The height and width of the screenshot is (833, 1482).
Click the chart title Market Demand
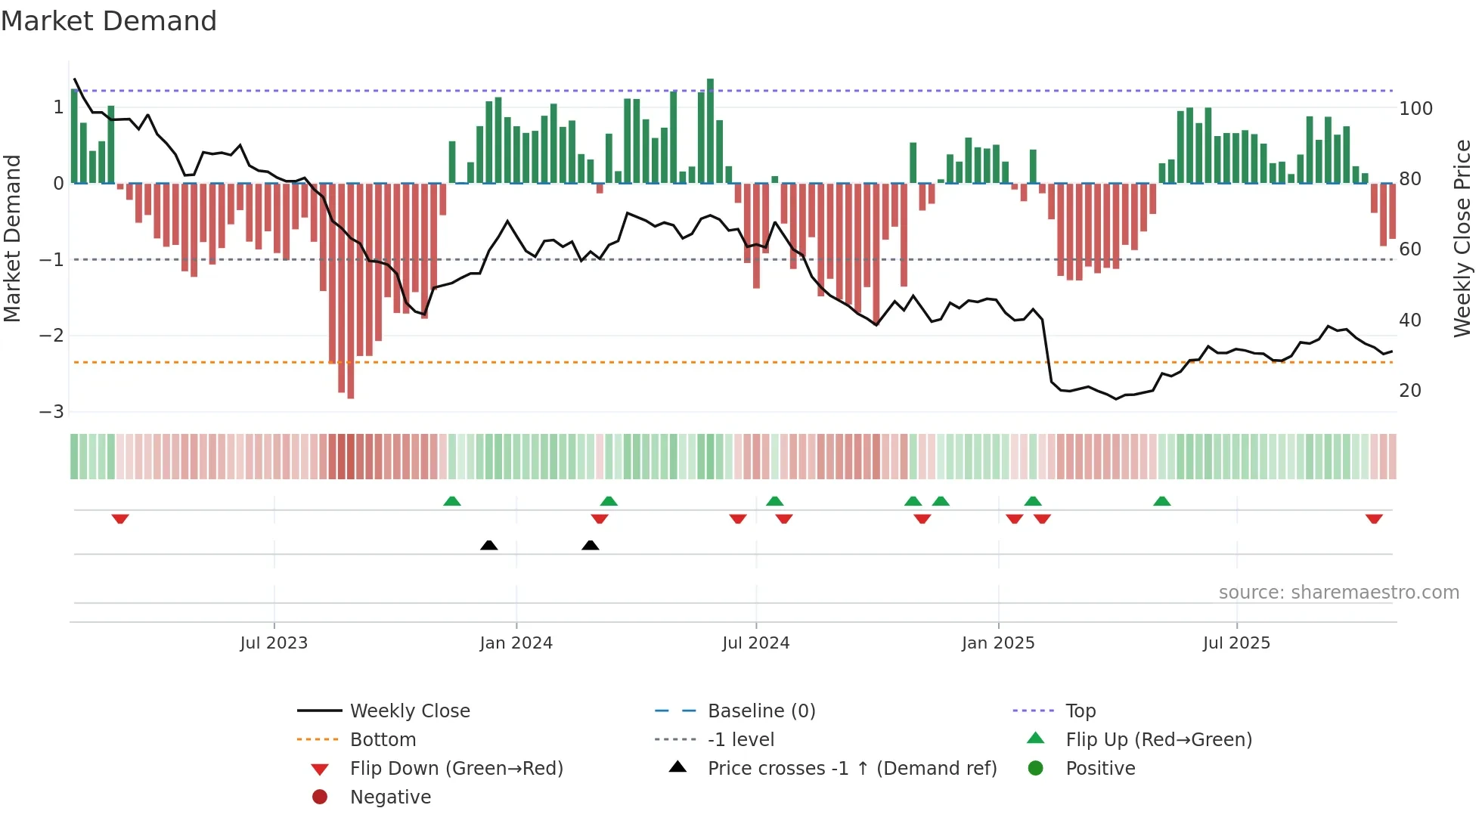coord(109,21)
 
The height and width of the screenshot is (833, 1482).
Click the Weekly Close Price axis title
coord(1462,238)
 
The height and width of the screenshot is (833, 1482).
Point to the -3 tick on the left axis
coord(52,412)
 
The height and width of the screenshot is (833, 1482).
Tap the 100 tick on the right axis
coord(1415,109)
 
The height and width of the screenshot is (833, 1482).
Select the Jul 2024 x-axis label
coord(755,643)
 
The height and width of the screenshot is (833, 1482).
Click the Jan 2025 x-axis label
coord(998,643)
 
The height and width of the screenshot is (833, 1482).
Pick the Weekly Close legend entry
coord(409,711)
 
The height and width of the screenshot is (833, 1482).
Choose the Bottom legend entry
coord(383,740)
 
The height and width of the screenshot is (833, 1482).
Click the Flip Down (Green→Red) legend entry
coord(456,769)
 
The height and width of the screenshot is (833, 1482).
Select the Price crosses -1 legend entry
coord(851,769)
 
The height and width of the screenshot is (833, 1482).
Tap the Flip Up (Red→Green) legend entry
coord(1158,740)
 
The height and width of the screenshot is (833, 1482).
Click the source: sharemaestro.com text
coord(1338,593)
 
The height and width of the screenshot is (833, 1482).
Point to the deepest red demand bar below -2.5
coord(351,291)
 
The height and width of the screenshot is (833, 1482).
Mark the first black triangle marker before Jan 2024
coord(489,545)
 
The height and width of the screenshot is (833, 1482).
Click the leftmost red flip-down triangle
coord(120,519)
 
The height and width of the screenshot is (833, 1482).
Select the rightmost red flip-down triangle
coord(1374,519)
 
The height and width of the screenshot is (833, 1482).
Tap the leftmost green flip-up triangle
coord(452,501)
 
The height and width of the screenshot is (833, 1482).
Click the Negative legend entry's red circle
coord(320,797)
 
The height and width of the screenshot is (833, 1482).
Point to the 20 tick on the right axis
coord(1410,391)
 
